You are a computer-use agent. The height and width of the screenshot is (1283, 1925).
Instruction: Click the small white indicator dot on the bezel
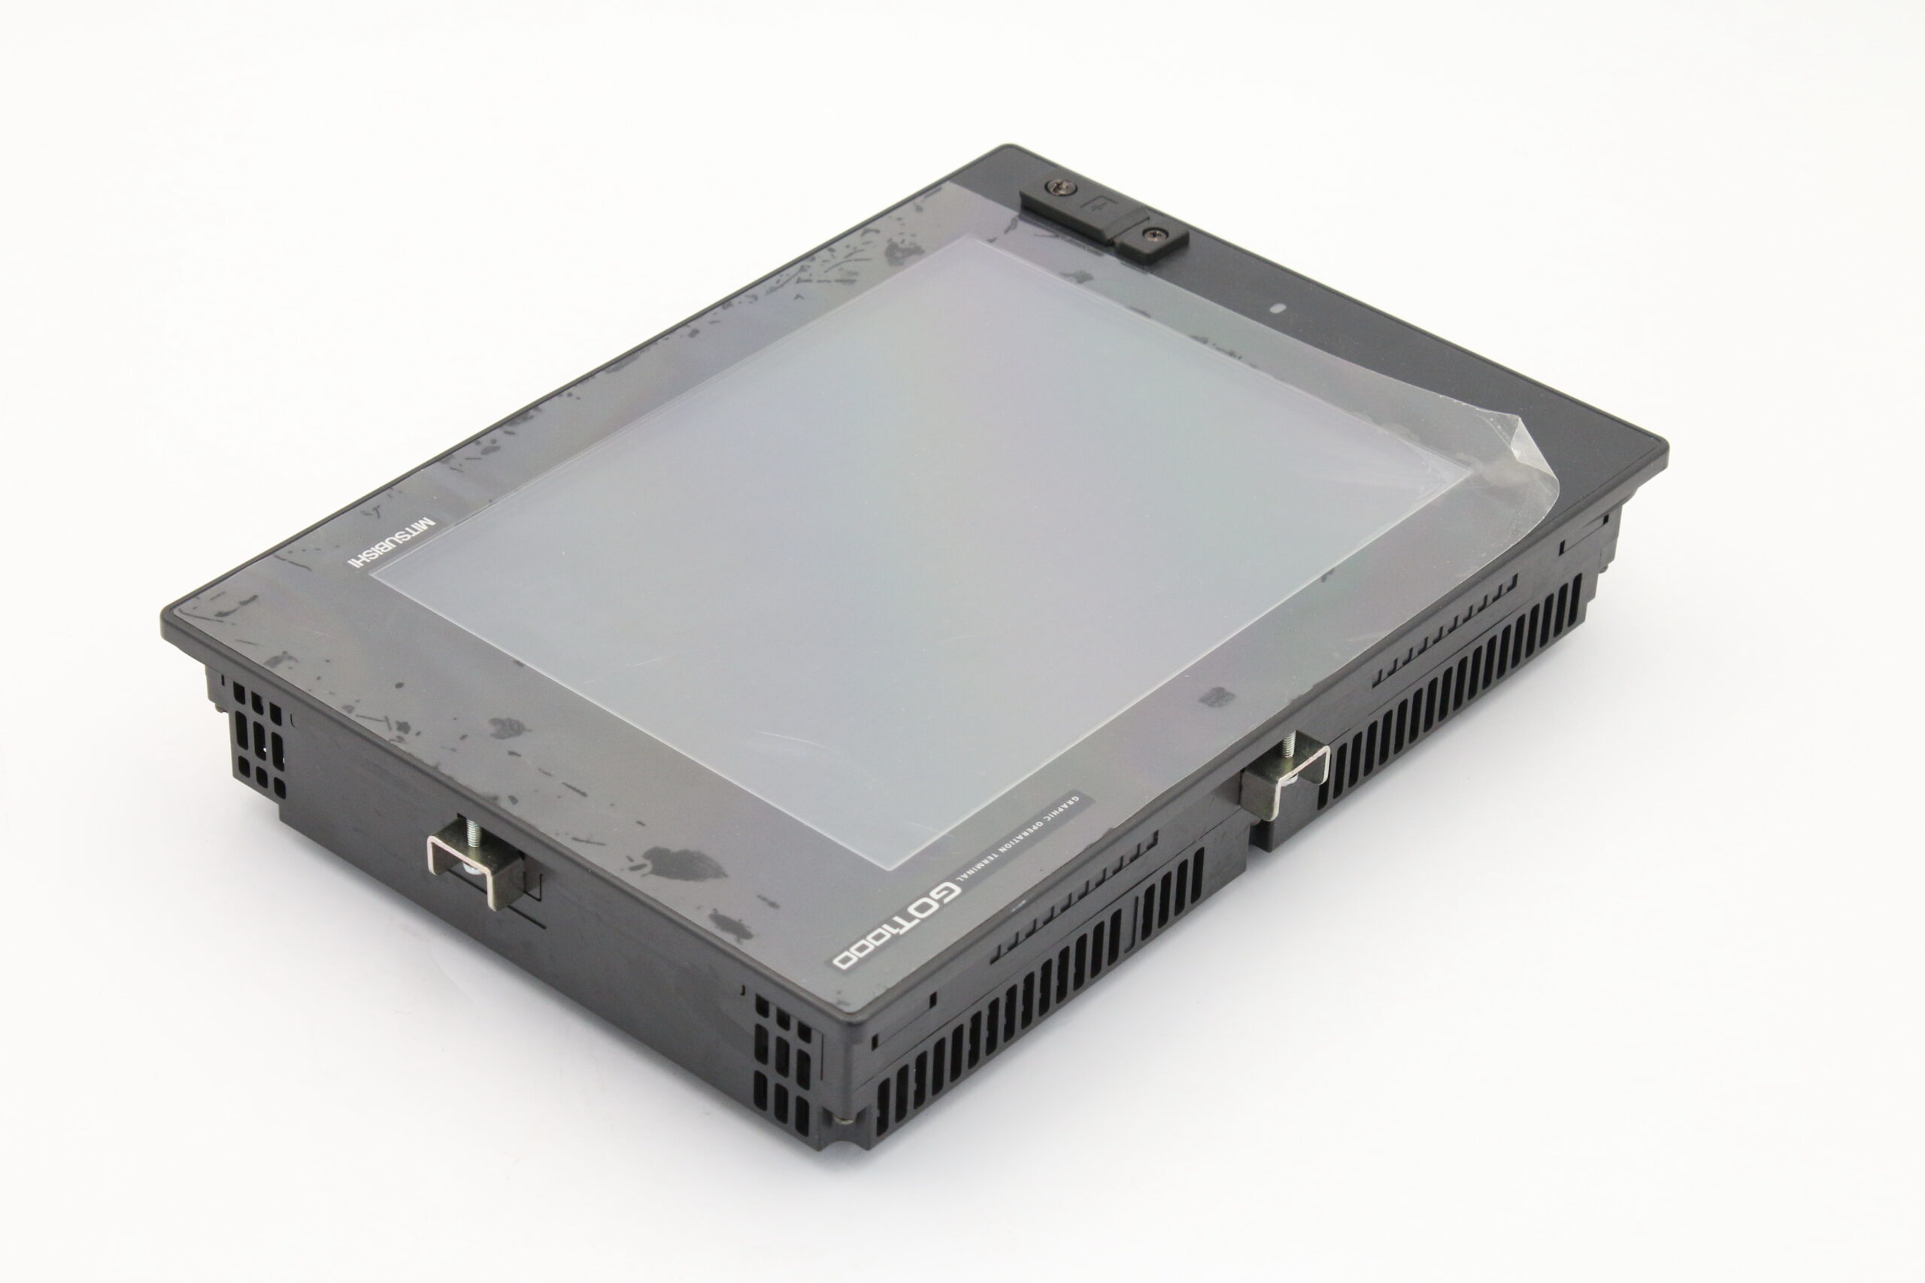(x=1281, y=309)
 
